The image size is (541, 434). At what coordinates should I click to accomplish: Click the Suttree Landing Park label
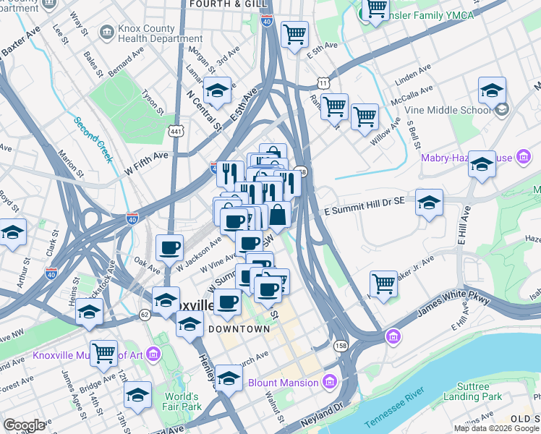point(472,391)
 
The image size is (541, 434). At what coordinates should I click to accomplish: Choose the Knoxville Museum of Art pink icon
point(153,354)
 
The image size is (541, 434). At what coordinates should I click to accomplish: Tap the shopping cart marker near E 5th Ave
point(295,33)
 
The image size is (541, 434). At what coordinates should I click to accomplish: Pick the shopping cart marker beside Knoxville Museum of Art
point(105,353)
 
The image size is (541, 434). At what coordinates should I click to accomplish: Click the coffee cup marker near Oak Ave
point(170,248)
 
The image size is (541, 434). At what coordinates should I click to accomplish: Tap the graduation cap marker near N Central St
point(217,91)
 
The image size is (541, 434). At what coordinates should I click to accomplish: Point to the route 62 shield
point(145,315)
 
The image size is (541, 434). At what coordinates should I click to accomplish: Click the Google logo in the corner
point(24,425)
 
